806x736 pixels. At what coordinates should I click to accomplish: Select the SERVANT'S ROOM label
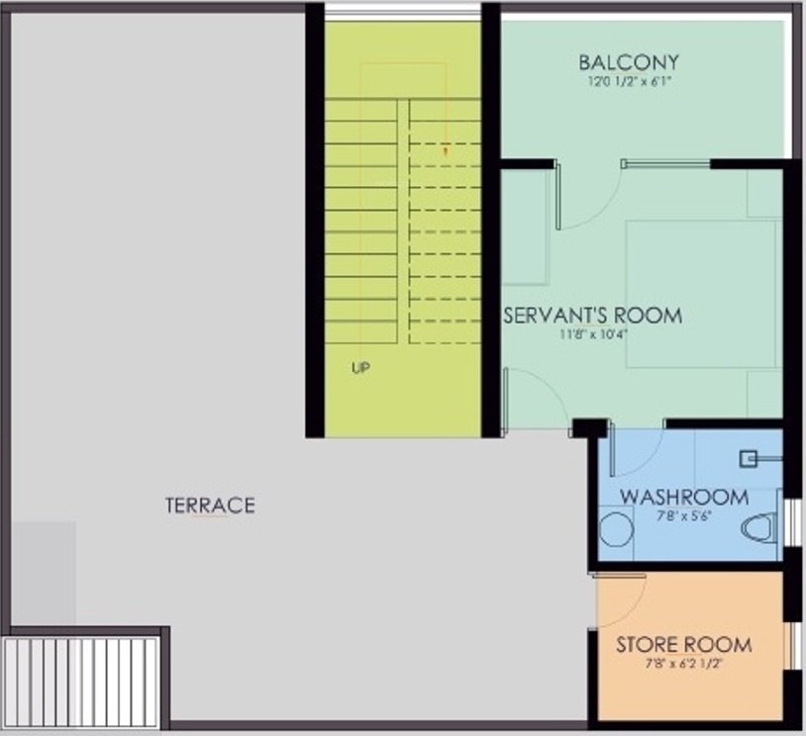[594, 316]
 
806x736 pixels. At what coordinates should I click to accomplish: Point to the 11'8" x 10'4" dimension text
[594, 334]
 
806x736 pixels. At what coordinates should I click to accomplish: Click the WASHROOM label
[673, 496]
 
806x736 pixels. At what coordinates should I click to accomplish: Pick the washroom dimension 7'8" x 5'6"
[673, 513]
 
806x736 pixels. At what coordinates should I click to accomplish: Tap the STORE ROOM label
[684, 645]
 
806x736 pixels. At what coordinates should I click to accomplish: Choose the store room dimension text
[684, 665]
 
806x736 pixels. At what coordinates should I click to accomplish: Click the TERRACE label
[210, 506]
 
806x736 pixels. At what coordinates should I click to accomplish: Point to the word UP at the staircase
[360, 368]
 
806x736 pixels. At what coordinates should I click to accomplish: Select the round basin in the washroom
[617, 529]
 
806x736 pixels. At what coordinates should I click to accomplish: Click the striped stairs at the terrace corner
[81, 683]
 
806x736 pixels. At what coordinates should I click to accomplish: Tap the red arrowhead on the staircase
[446, 151]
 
